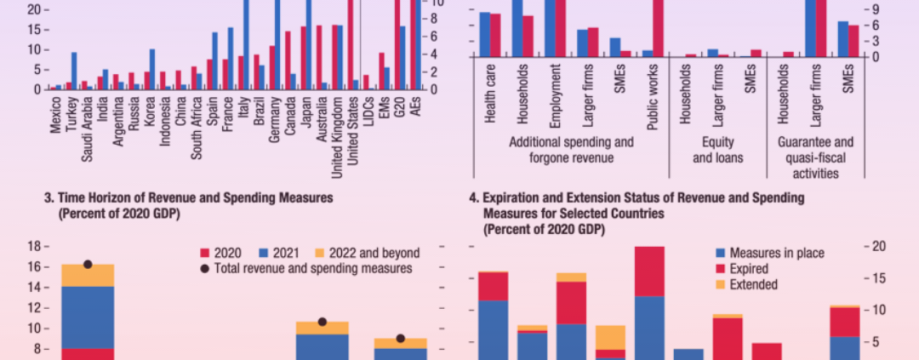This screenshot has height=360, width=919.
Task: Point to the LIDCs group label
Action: (368, 107)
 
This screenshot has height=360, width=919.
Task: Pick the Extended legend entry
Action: (756, 284)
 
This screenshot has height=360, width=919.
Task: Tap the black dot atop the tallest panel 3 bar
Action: (88, 264)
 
